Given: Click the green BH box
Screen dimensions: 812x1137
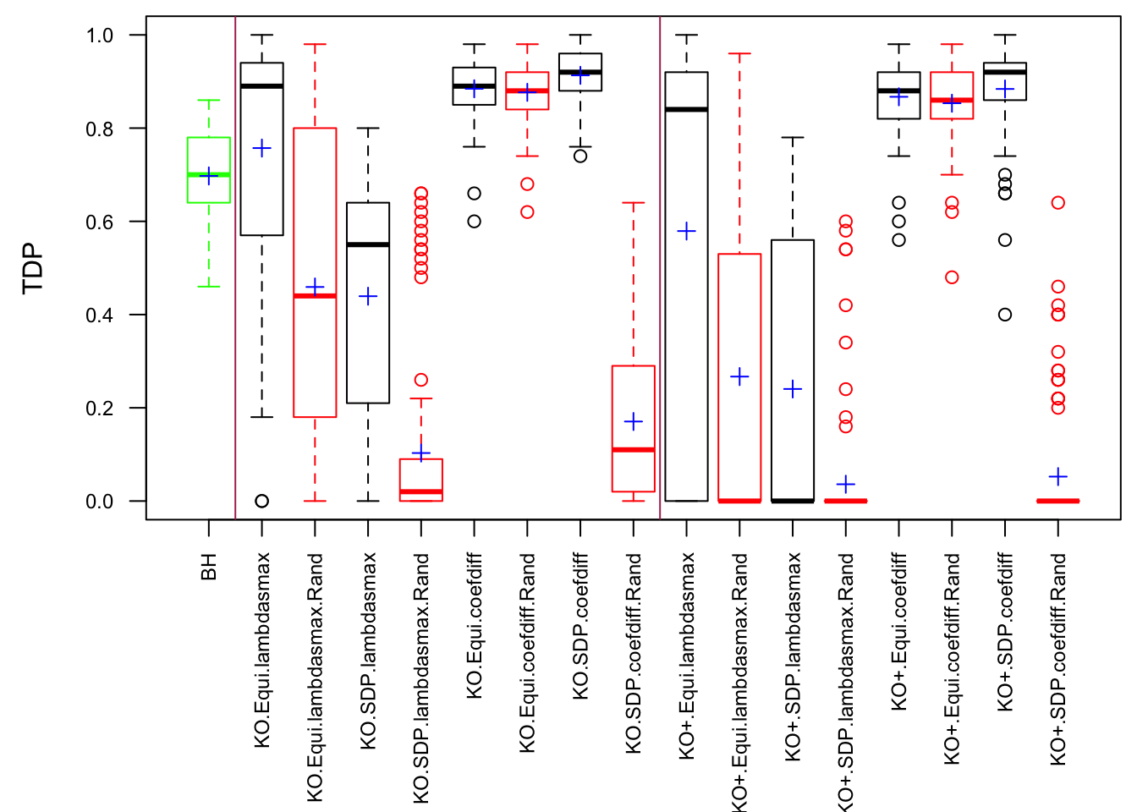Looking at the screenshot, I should click(x=209, y=169).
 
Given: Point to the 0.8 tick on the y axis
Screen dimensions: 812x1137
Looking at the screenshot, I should click(x=135, y=129).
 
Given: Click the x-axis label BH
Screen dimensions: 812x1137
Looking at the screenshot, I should click(x=209, y=567).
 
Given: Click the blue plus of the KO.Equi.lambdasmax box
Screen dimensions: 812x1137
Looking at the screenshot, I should click(x=262, y=149).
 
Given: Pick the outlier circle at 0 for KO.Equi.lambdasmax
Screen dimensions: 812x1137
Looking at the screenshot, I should click(x=262, y=501).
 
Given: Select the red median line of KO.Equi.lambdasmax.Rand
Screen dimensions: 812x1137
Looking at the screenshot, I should click(x=315, y=296).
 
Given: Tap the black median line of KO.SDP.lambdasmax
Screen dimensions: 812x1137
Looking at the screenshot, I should click(x=368, y=244).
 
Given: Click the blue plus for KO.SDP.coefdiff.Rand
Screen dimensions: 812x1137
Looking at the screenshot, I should click(x=634, y=421).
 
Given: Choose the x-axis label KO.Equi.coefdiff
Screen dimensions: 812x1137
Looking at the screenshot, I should click(x=475, y=626).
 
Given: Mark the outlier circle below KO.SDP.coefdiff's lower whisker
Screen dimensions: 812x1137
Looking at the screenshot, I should click(x=580, y=156).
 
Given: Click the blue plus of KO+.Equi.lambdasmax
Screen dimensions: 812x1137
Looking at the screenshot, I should click(x=687, y=231).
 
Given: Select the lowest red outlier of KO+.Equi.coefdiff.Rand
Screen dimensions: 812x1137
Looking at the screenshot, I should click(x=952, y=277).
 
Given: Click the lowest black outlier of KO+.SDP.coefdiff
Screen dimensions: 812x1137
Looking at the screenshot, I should click(x=1005, y=315).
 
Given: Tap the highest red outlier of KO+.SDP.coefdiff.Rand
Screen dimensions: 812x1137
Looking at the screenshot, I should click(x=1057, y=203).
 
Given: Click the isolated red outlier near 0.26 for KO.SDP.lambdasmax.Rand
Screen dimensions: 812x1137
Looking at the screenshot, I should click(x=421, y=380).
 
